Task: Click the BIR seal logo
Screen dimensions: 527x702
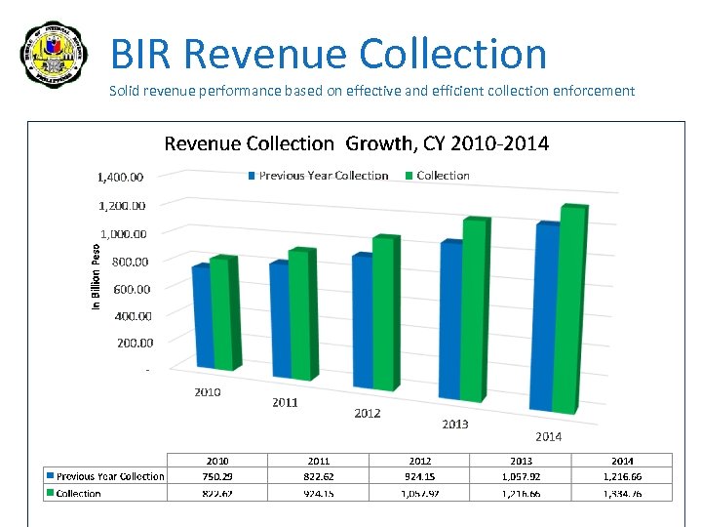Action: point(55,55)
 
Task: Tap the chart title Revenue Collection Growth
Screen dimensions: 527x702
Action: point(356,143)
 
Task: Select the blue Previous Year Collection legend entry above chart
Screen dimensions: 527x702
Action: point(318,176)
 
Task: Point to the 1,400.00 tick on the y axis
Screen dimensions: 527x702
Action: point(120,178)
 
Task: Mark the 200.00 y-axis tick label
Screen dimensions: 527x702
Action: point(135,343)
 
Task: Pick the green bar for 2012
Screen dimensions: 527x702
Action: point(386,312)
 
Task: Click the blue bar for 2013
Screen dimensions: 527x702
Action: point(450,317)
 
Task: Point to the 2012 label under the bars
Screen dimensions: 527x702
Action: point(368,413)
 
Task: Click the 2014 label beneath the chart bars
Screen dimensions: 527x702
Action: point(548,436)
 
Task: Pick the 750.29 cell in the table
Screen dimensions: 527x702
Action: point(217,476)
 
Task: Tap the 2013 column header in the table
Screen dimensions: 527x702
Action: point(521,461)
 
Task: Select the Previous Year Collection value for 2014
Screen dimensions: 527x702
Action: point(622,476)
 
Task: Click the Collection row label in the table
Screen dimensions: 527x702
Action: point(78,493)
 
